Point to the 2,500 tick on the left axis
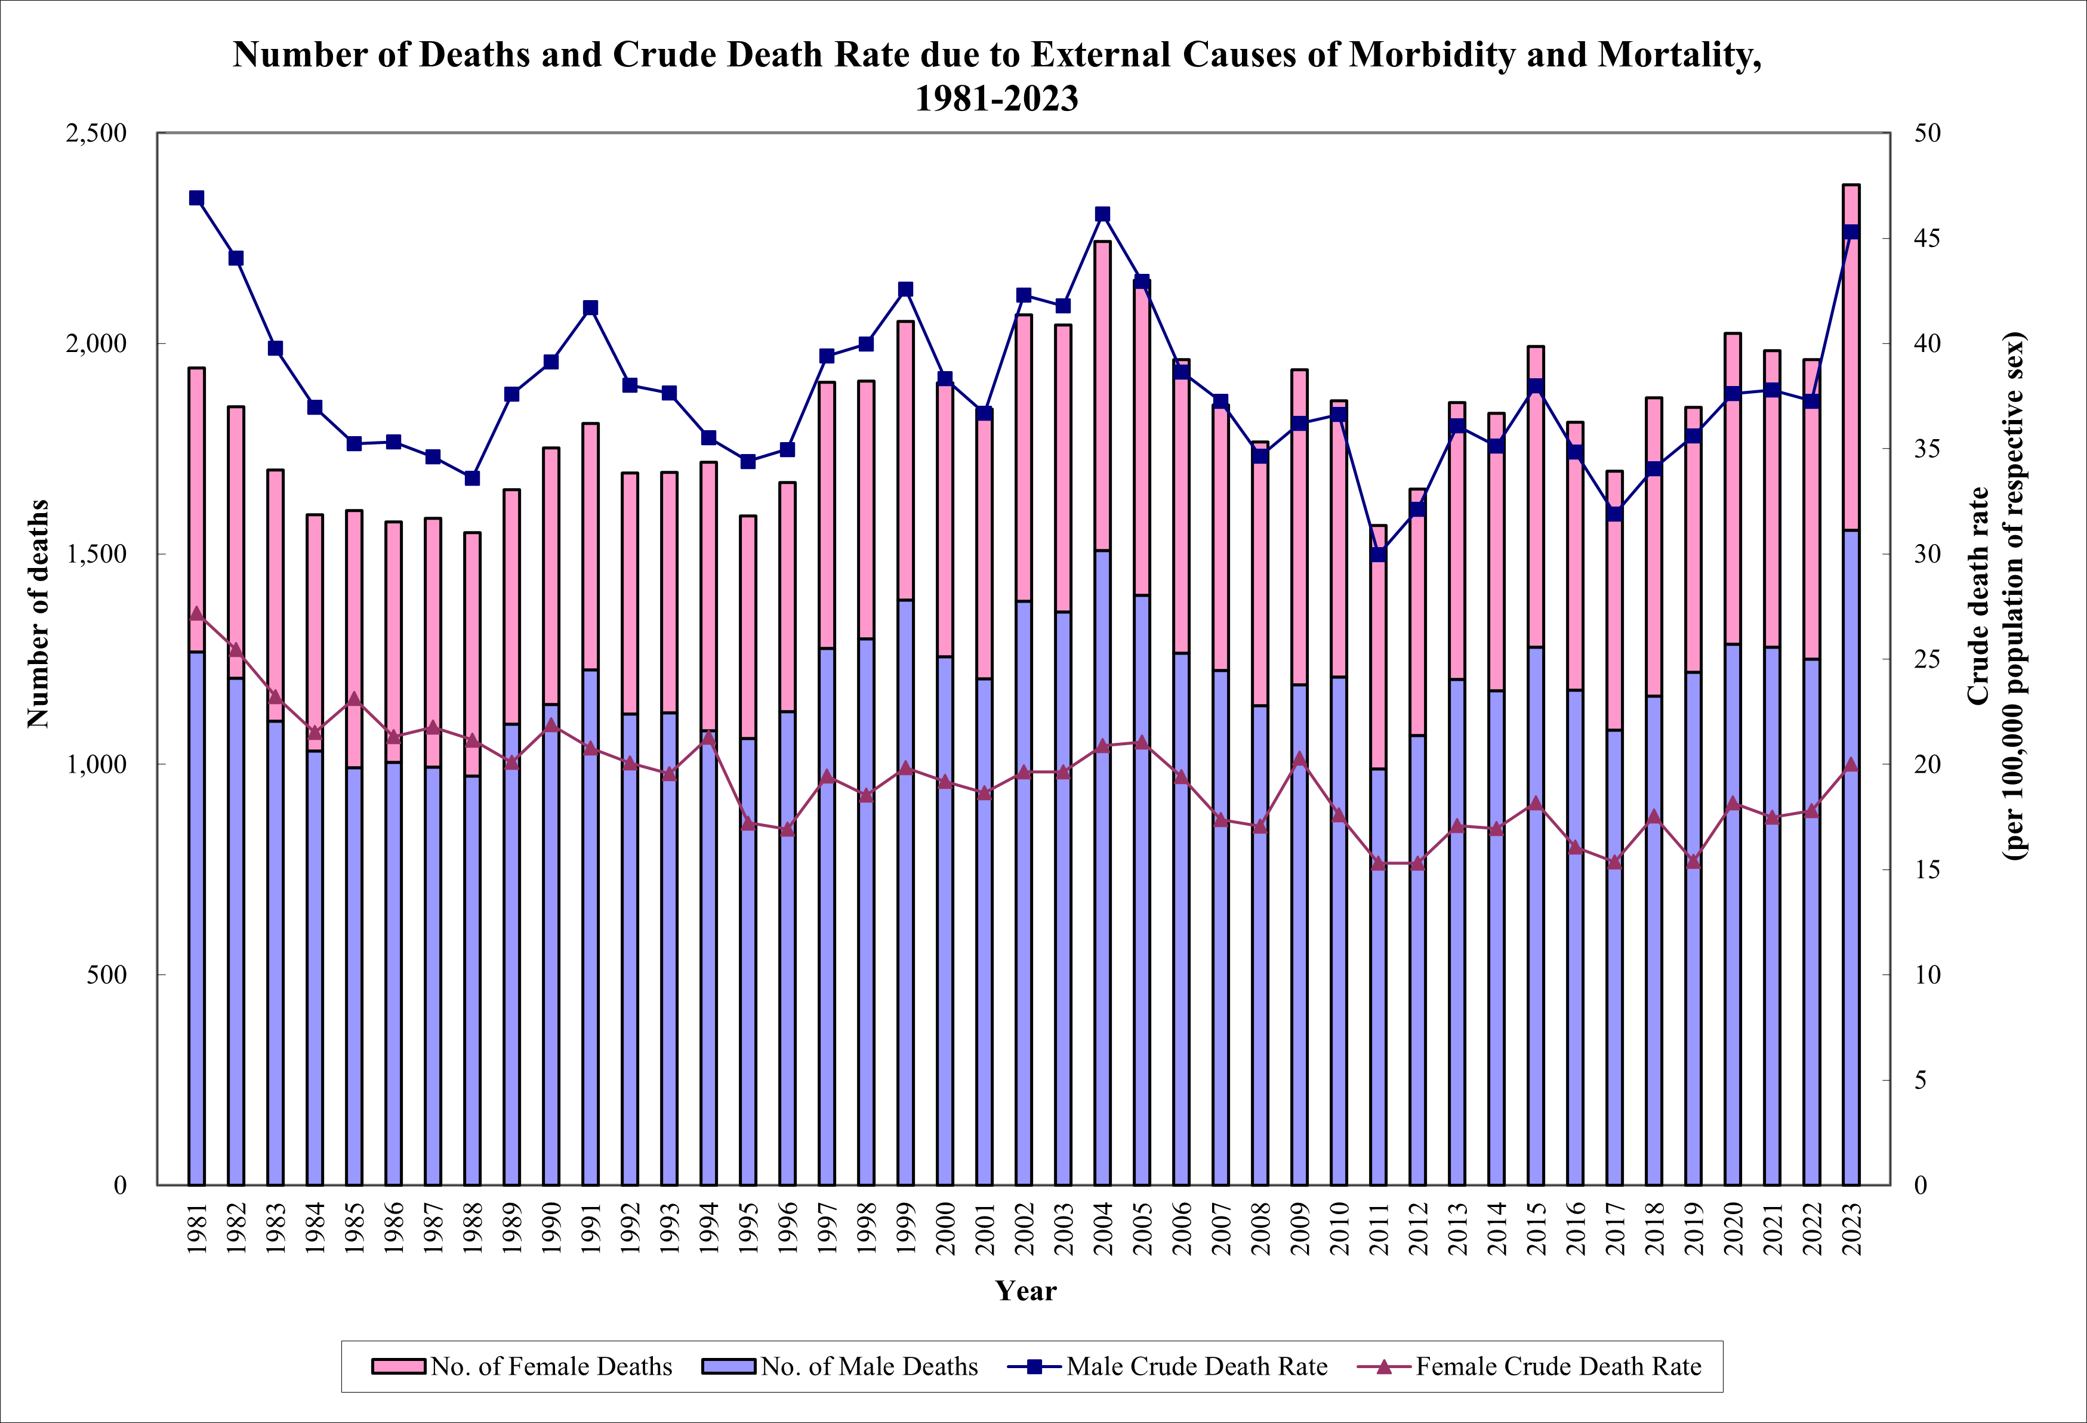pyautogui.click(x=96, y=133)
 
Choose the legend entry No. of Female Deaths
pyautogui.click(x=550, y=1366)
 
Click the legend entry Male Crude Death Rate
pyautogui.click(x=1196, y=1366)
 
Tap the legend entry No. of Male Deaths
pyautogui.click(x=868, y=1366)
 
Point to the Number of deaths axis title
pyautogui.click(x=38, y=613)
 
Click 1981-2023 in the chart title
pyautogui.click(x=996, y=98)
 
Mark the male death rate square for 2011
pyautogui.click(x=1379, y=554)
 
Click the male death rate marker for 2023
pyautogui.click(x=1851, y=231)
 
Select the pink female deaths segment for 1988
pyautogui.click(x=472, y=653)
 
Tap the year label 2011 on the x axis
pyautogui.click(x=1379, y=1228)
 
